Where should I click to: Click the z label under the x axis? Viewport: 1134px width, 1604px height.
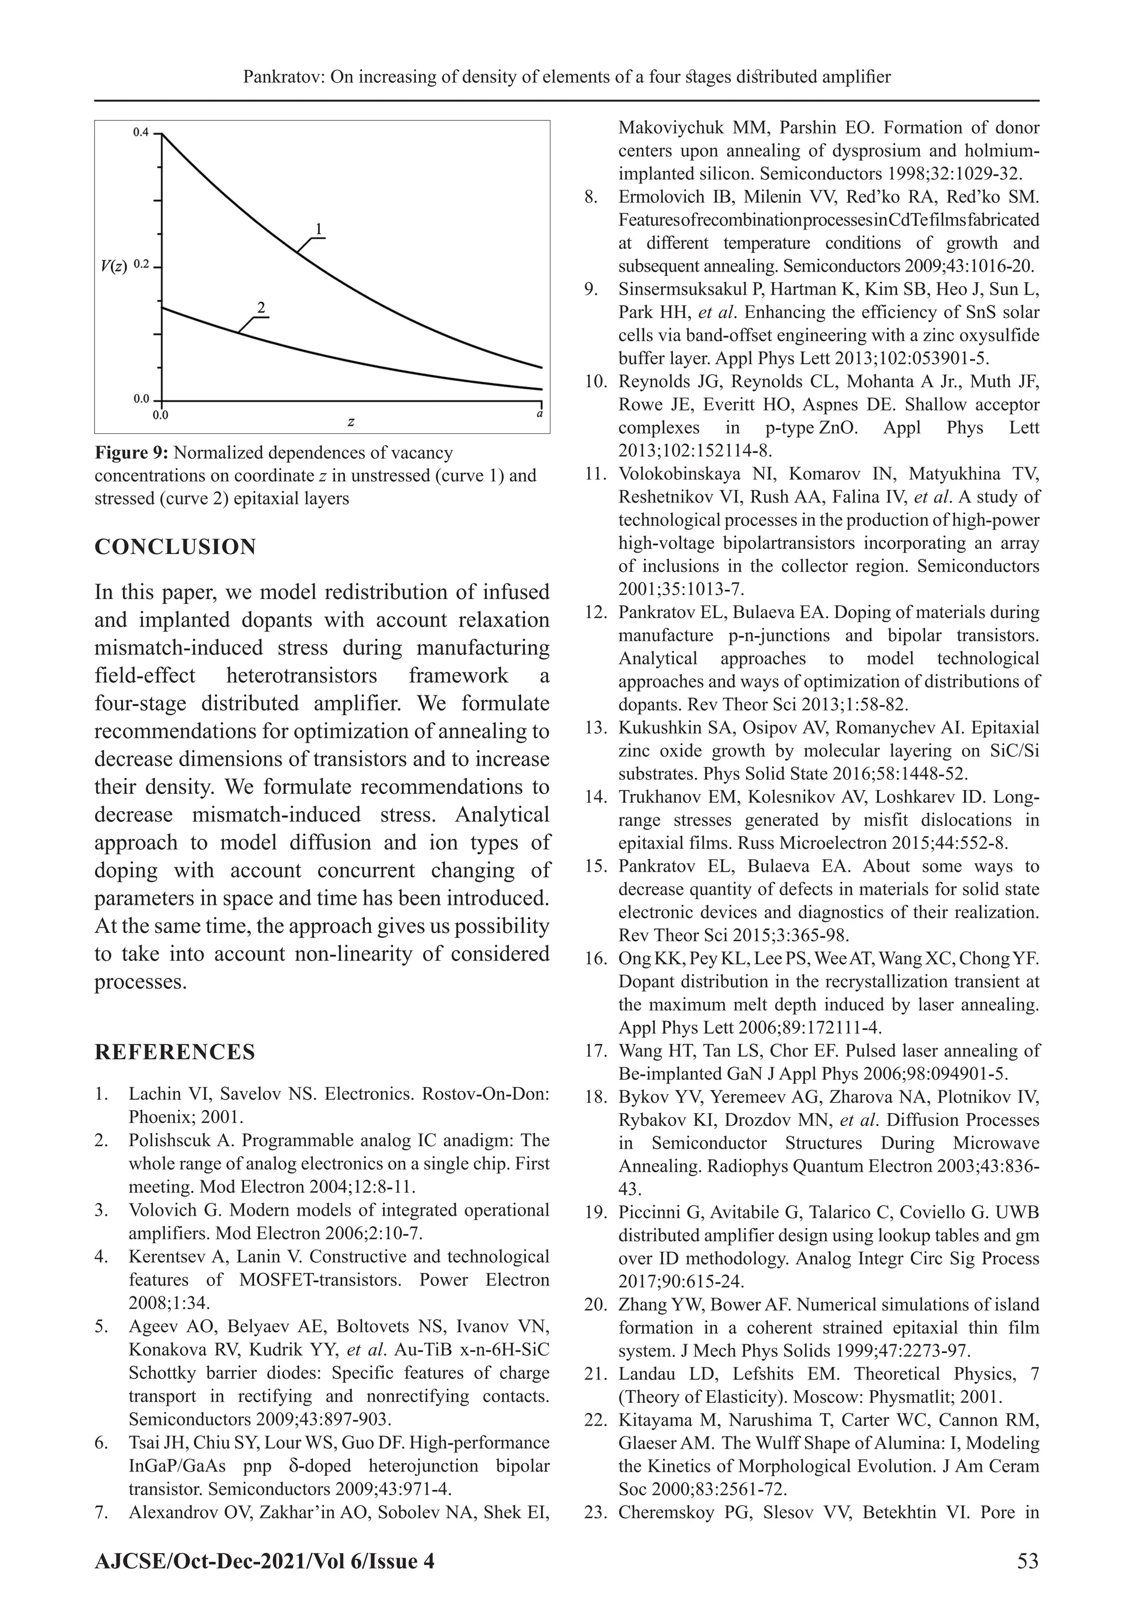click(x=350, y=422)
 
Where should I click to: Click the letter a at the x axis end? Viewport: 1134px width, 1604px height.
click(x=540, y=413)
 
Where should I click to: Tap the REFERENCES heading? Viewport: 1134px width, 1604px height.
click(x=174, y=1052)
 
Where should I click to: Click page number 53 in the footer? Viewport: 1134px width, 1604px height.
click(x=1028, y=1561)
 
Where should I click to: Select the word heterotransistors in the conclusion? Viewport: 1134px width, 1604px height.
click(x=301, y=675)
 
